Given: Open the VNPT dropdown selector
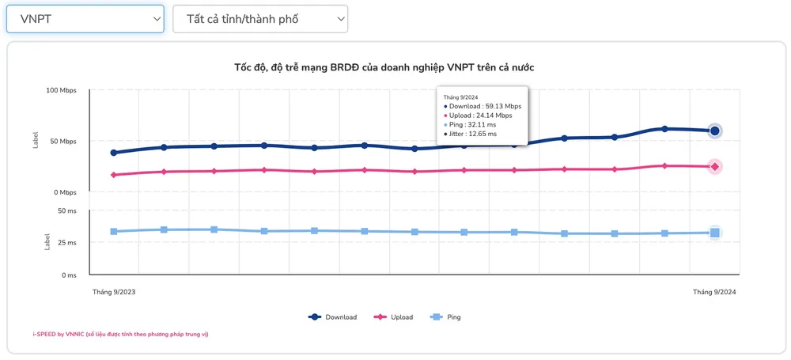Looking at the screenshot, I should coord(85,19).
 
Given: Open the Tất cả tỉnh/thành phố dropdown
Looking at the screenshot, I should coord(260,19).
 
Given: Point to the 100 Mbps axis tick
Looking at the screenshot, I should coord(61,91).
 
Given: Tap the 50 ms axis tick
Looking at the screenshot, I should coord(66,211).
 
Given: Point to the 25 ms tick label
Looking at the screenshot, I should coord(66,243).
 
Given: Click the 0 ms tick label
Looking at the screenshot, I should coord(68,275).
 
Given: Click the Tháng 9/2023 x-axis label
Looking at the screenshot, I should coord(114,292).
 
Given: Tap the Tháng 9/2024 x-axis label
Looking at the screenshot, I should coord(714,292).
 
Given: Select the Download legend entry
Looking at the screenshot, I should coord(333,317).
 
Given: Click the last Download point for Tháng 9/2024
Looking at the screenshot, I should coord(715,131).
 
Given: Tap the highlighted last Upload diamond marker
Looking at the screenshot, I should coord(715,167).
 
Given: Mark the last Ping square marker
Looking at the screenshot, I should coord(715,233).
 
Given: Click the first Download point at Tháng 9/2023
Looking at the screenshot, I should coord(114,153).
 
